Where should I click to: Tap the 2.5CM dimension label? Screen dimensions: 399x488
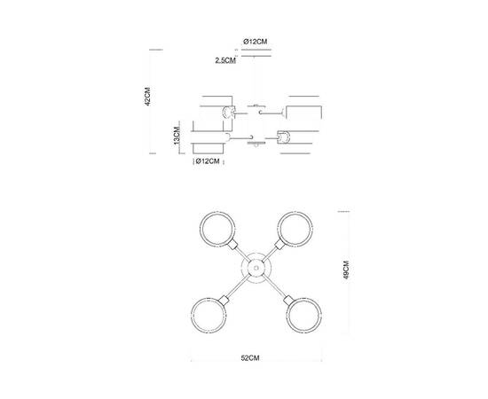point(225,61)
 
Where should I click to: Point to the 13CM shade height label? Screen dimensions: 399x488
point(177,137)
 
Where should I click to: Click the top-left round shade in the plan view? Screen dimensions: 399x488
point(215,231)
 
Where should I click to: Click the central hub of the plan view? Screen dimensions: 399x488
point(254,267)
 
